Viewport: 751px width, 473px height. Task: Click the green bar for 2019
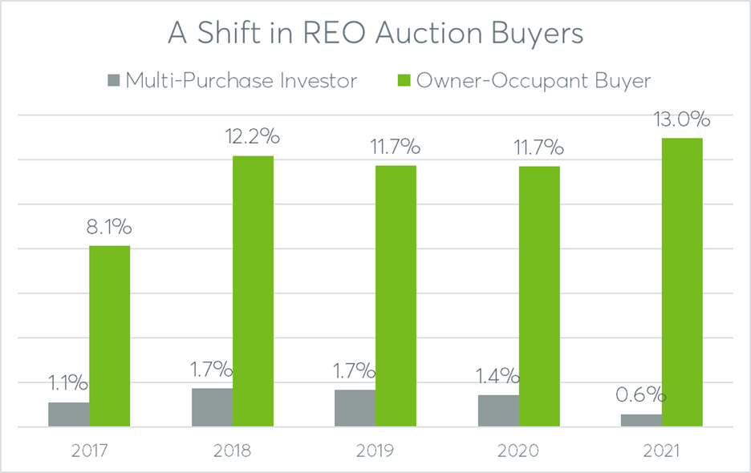click(x=396, y=296)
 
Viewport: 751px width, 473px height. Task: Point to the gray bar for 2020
click(x=498, y=410)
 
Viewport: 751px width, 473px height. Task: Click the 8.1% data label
click(x=109, y=227)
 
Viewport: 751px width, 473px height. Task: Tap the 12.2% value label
click(x=253, y=137)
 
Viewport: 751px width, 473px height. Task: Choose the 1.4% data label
click(x=498, y=376)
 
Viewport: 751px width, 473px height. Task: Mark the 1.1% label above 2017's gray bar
click(x=69, y=383)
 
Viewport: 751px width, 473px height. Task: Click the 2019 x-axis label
click(x=375, y=451)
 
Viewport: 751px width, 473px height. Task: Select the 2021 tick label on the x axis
click(x=661, y=451)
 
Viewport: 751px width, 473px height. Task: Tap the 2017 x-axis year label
click(x=89, y=451)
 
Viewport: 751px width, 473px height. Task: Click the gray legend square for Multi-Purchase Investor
click(x=112, y=80)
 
